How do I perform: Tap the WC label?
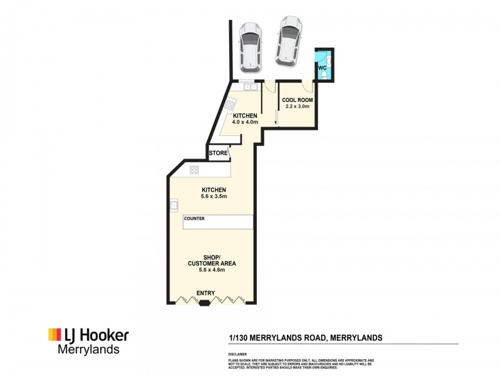tap(322, 67)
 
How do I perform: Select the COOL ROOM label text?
tap(297, 100)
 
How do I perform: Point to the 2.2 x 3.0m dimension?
tap(297, 107)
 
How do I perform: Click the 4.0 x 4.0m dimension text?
tap(245, 122)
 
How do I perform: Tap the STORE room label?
tap(218, 153)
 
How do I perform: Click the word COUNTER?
tap(195, 219)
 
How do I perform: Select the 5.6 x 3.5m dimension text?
tap(213, 197)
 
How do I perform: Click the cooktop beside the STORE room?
tap(194, 169)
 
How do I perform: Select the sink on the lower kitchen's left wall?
tap(173, 204)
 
